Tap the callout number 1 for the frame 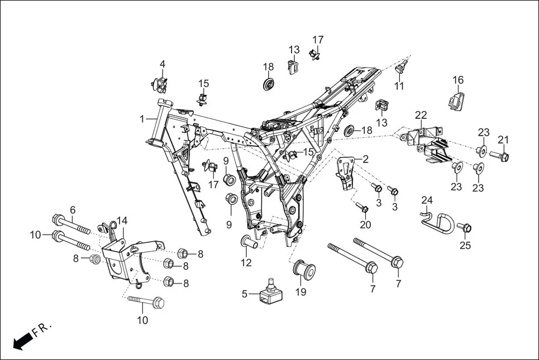tap(142, 119)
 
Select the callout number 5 tap(244, 294)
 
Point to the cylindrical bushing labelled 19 tap(304, 271)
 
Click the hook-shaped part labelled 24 tap(435, 219)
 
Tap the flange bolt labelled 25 tap(465, 227)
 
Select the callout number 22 tap(421, 116)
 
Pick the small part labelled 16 tap(457, 100)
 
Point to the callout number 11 tap(399, 86)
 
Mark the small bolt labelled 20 tap(362, 209)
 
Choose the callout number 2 tap(365, 159)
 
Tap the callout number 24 tap(427, 200)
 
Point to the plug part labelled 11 tap(400, 69)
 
